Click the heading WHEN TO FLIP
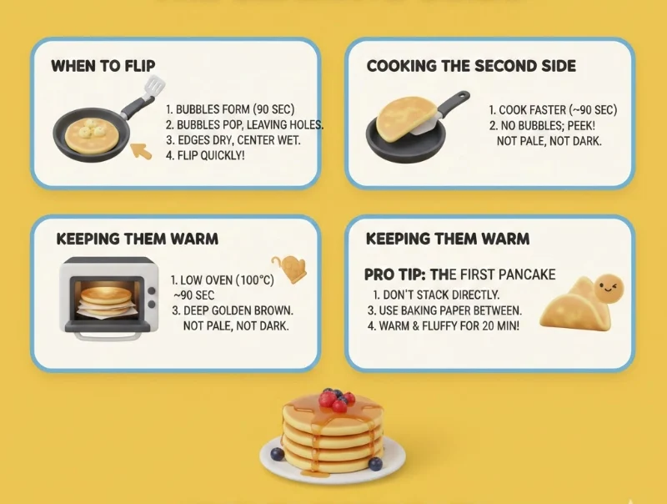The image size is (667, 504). pyautogui.click(x=103, y=65)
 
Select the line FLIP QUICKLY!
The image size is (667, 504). pyautogui.click(x=205, y=155)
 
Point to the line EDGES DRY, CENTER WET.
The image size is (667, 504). pyautogui.click(x=233, y=140)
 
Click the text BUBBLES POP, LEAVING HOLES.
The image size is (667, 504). pyautogui.click(x=244, y=125)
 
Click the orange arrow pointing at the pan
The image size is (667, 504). pyautogui.click(x=143, y=151)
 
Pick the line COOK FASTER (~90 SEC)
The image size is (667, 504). pyautogui.click(x=552, y=110)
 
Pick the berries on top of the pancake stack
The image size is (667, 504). pyautogui.click(x=336, y=400)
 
